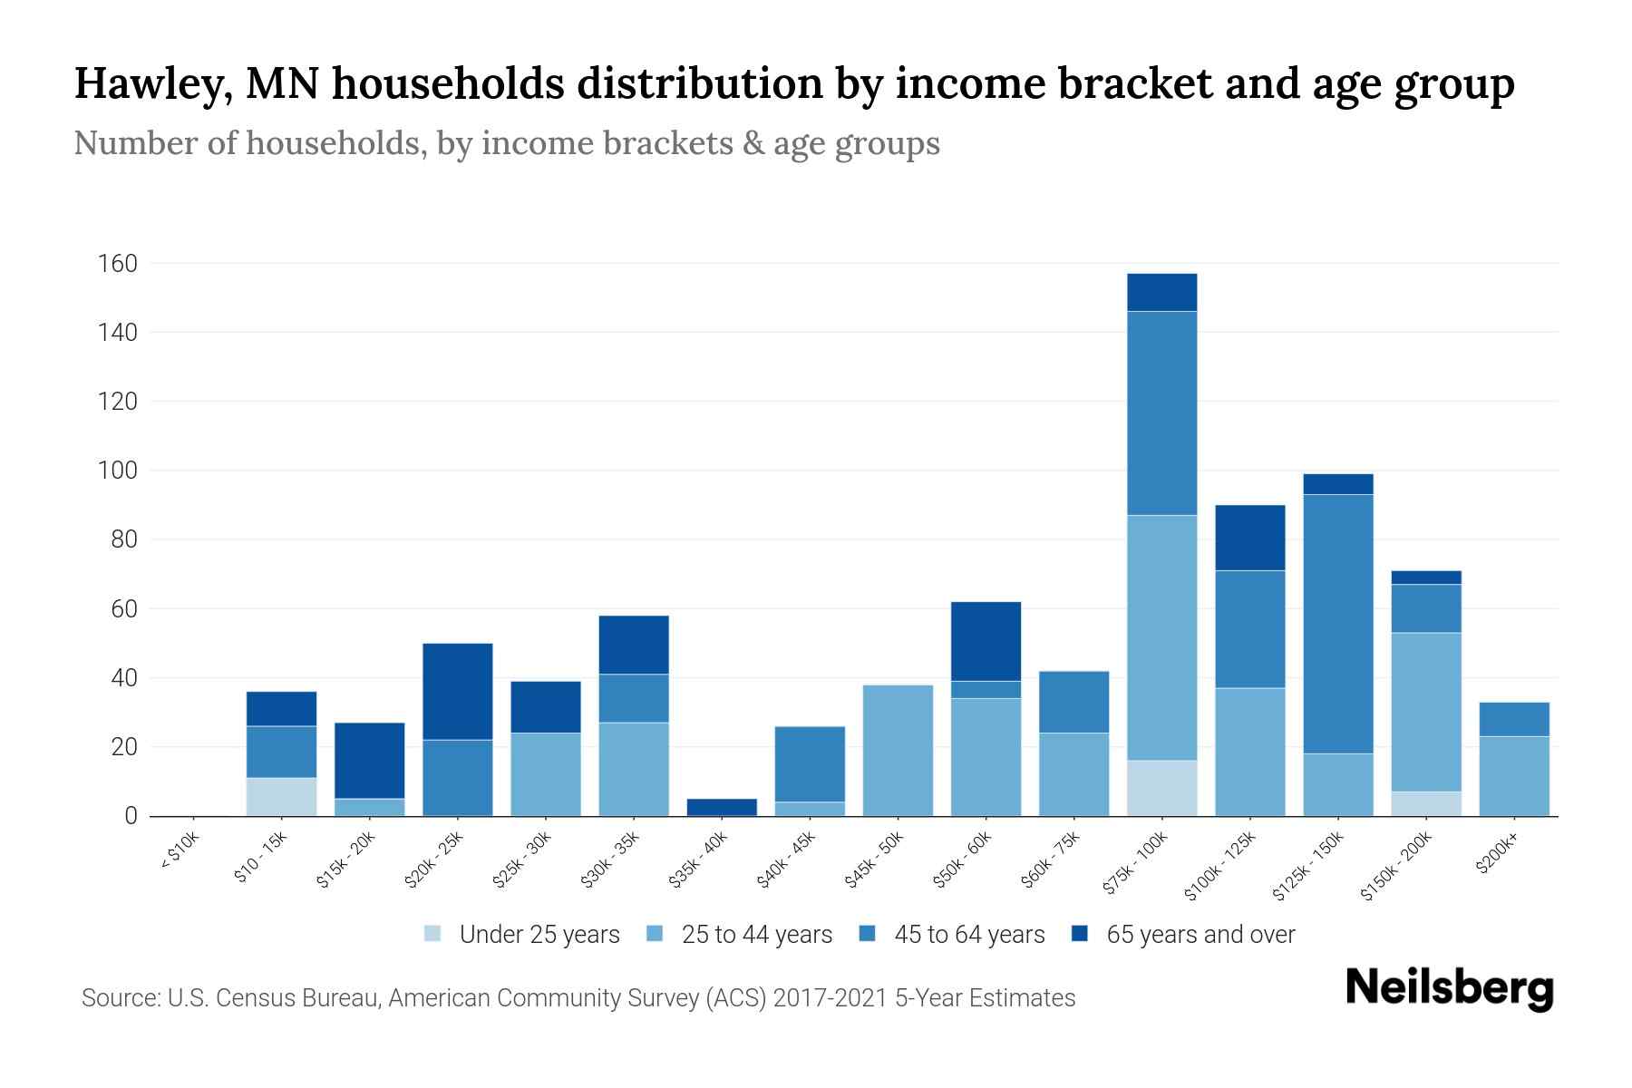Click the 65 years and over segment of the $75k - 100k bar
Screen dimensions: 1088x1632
point(1161,292)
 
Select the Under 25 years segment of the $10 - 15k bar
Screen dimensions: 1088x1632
point(281,796)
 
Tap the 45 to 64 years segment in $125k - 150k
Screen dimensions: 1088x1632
point(1337,623)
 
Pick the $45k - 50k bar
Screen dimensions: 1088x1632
point(898,750)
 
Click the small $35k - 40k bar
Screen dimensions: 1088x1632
point(722,807)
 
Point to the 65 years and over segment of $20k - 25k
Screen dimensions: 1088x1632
point(457,691)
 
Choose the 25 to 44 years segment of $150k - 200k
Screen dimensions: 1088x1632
point(1425,712)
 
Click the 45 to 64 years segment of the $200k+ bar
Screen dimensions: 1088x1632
point(1513,719)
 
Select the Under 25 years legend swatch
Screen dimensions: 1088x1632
point(433,934)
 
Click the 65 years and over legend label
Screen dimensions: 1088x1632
point(1200,934)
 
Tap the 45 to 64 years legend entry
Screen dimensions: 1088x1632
point(968,934)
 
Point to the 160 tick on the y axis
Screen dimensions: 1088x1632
point(117,264)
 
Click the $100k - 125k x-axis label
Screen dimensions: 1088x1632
point(1221,866)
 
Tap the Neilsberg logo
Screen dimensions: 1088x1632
point(1449,988)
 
